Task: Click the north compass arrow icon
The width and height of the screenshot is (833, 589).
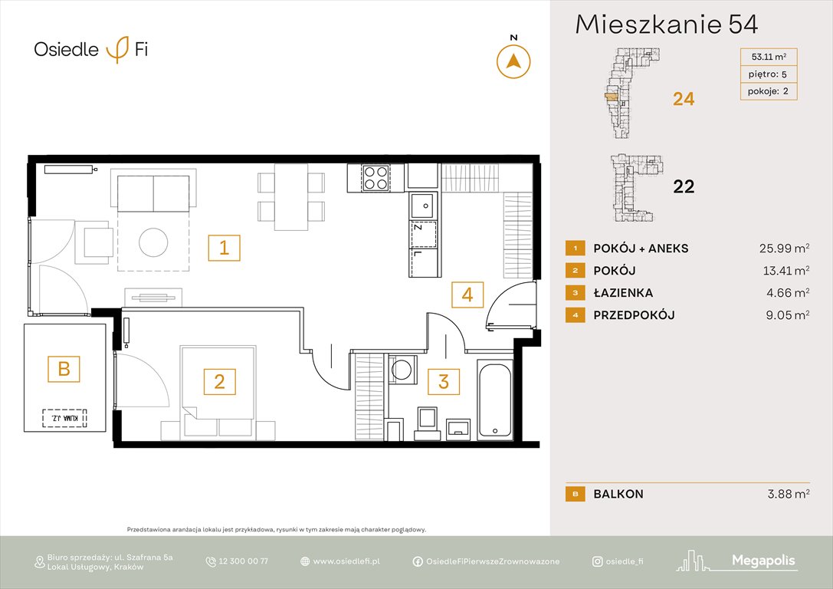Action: coord(513,61)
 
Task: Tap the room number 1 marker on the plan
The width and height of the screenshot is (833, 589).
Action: coord(224,248)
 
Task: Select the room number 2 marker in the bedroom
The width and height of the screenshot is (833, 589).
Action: coord(219,381)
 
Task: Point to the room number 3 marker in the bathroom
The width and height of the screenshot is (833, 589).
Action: coord(444,381)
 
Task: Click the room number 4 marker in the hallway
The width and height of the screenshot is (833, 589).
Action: coord(467,294)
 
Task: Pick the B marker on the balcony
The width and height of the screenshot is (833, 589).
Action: coord(64,369)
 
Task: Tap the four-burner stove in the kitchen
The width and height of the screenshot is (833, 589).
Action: coord(375,178)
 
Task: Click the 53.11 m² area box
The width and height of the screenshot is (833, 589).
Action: coord(768,56)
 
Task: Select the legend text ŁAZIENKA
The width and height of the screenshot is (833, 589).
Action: coord(623,293)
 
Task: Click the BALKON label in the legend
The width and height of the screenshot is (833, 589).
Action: coord(618,494)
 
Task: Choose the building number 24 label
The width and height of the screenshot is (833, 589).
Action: coord(684,98)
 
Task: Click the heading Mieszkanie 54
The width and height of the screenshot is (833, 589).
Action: coord(667,25)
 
